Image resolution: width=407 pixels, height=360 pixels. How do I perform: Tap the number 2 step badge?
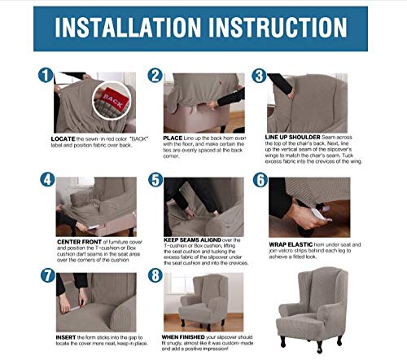pos(155,76)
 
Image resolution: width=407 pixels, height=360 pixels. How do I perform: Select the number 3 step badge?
pos(259,77)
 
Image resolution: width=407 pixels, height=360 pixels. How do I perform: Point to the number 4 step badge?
pos(46,178)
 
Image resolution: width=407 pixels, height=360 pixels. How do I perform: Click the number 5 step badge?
pos(155,178)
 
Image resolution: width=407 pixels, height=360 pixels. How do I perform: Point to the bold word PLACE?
pos(172,138)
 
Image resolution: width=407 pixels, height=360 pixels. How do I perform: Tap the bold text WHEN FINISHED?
pos(184,335)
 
